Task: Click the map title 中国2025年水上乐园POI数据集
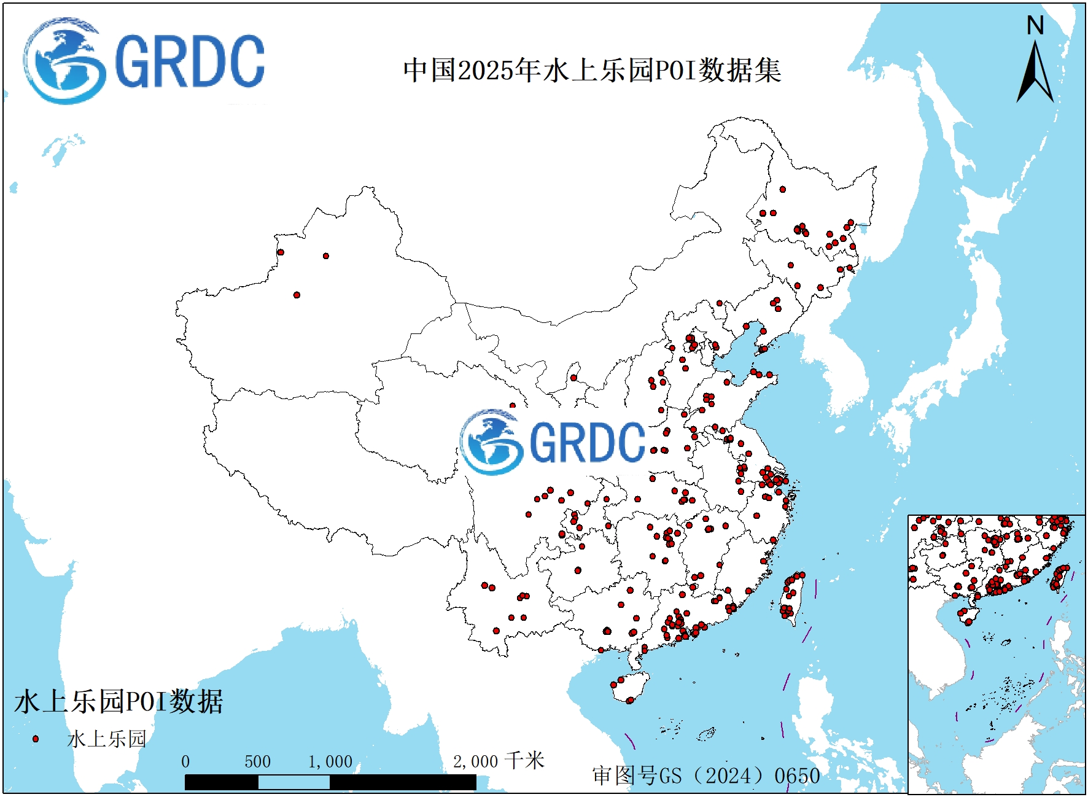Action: [x=592, y=71]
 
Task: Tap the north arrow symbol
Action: [x=1035, y=74]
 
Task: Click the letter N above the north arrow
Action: [x=1035, y=26]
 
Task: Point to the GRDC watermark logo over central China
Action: [x=553, y=442]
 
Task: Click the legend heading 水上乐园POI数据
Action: [x=119, y=702]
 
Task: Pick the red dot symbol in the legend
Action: [x=36, y=739]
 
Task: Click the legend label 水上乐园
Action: [x=107, y=739]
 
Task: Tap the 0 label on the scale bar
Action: [x=185, y=762]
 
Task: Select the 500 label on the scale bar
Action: [x=257, y=762]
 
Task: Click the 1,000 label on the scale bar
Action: [x=330, y=762]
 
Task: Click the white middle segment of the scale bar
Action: [x=293, y=782]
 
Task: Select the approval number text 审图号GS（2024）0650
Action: [x=706, y=776]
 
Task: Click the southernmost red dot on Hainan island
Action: [x=630, y=700]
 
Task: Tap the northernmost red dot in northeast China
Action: [x=783, y=190]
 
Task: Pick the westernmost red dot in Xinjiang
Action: [x=281, y=252]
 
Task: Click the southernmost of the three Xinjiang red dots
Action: [x=297, y=295]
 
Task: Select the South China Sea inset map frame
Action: [x=996, y=654]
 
